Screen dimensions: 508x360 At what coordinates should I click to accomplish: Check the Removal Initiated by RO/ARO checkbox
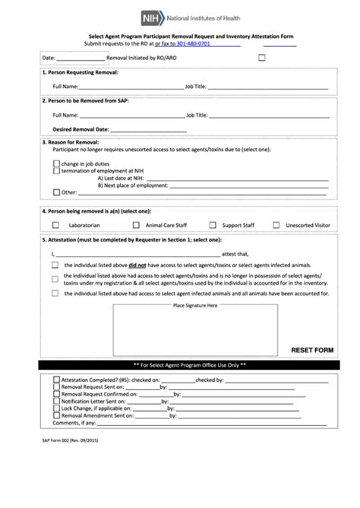click(x=262, y=57)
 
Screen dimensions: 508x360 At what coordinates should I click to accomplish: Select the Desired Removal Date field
click(x=137, y=129)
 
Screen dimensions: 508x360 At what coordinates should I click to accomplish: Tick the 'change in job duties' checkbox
click(x=56, y=163)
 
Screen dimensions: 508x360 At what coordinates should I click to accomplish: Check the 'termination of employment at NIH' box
click(x=56, y=171)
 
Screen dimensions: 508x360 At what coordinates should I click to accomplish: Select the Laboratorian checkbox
click(x=55, y=225)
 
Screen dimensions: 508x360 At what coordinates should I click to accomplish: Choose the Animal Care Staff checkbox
click(x=136, y=225)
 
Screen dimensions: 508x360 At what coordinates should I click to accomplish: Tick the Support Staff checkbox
click(x=215, y=225)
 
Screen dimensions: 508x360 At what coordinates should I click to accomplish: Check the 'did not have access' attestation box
click(x=55, y=265)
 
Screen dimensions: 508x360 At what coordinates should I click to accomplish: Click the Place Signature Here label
click(x=195, y=304)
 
